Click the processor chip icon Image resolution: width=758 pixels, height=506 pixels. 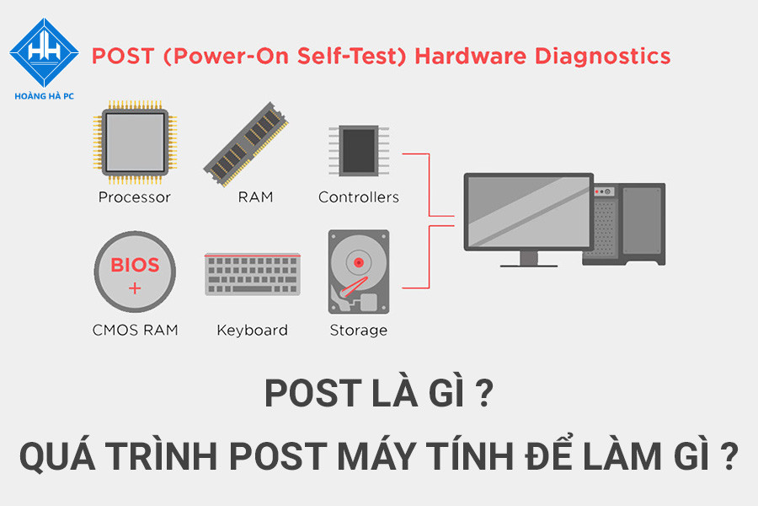click(135, 143)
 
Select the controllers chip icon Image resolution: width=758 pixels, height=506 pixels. click(359, 152)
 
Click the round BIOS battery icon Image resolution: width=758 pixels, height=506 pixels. click(135, 273)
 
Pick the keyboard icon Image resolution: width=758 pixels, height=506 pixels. click(252, 275)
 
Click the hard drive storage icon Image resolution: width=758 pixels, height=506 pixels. click(359, 272)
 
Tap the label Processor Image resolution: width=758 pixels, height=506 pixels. click(135, 197)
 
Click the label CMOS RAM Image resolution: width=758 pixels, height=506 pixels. click(135, 330)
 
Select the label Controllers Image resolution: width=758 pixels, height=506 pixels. click(359, 197)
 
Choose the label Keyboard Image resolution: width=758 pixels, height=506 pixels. click(252, 330)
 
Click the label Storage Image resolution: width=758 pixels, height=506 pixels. click(359, 330)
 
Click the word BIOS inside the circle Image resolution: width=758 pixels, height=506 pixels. click(135, 265)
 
